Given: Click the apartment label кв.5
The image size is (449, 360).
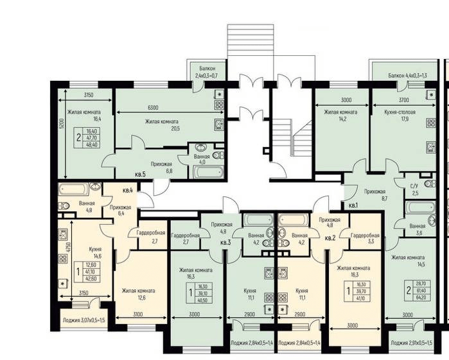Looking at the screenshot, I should [140, 174].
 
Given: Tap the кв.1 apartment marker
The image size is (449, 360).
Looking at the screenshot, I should [353, 205].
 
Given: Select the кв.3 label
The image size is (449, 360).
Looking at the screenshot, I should [225, 243].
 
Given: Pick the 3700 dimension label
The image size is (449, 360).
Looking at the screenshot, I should [403, 100].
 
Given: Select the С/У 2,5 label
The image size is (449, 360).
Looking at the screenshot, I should [415, 189].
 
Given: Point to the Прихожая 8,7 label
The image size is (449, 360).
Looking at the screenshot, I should [374, 195].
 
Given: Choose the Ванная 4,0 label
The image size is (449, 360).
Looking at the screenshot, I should [201, 159].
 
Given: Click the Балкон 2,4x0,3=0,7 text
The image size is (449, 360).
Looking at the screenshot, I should [206, 72].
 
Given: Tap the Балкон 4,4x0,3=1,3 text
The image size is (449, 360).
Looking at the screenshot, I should [407, 76].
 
